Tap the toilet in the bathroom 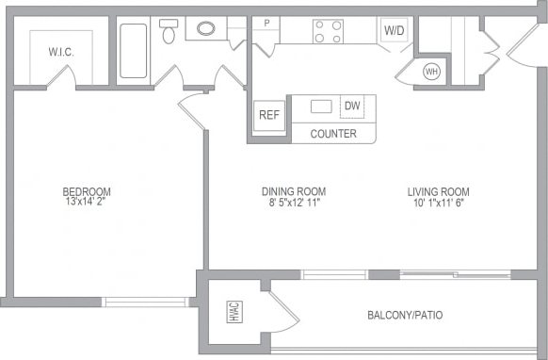click(x=169, y=32)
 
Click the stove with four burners click(x=327, y=32)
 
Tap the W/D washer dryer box click(x=394, y=30)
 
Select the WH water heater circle click(x=432, y=72)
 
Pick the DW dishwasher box click(x=352, y=106)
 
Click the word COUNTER click(x=333, y=134)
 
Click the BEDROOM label click(x=88, y=188)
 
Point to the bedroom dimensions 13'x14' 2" click(x=88, y=201)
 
